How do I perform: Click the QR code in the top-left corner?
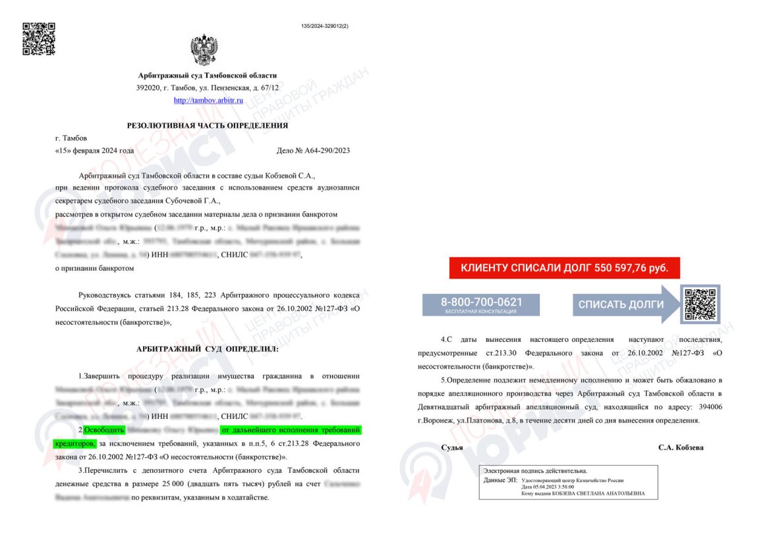tap(39, 39)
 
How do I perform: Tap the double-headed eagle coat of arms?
tap(204, 49)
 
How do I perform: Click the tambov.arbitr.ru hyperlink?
tap(208, 100)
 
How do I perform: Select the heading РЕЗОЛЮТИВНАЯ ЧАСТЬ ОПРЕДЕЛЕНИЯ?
tap(208, 125)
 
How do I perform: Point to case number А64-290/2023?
tap(313, 150)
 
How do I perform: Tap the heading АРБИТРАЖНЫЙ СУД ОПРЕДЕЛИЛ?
tap(208, 348)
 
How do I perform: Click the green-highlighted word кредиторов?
tap(74, 445)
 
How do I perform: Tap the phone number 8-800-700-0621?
tap(481, 303)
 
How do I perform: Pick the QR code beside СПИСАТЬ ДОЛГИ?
tap(699, 304)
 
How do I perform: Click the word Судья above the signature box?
tap(452, 447)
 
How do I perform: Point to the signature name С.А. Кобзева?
tap(681, 447)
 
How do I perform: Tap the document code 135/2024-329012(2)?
tap(324, 26)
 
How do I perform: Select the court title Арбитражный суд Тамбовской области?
tap(208, 76)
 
